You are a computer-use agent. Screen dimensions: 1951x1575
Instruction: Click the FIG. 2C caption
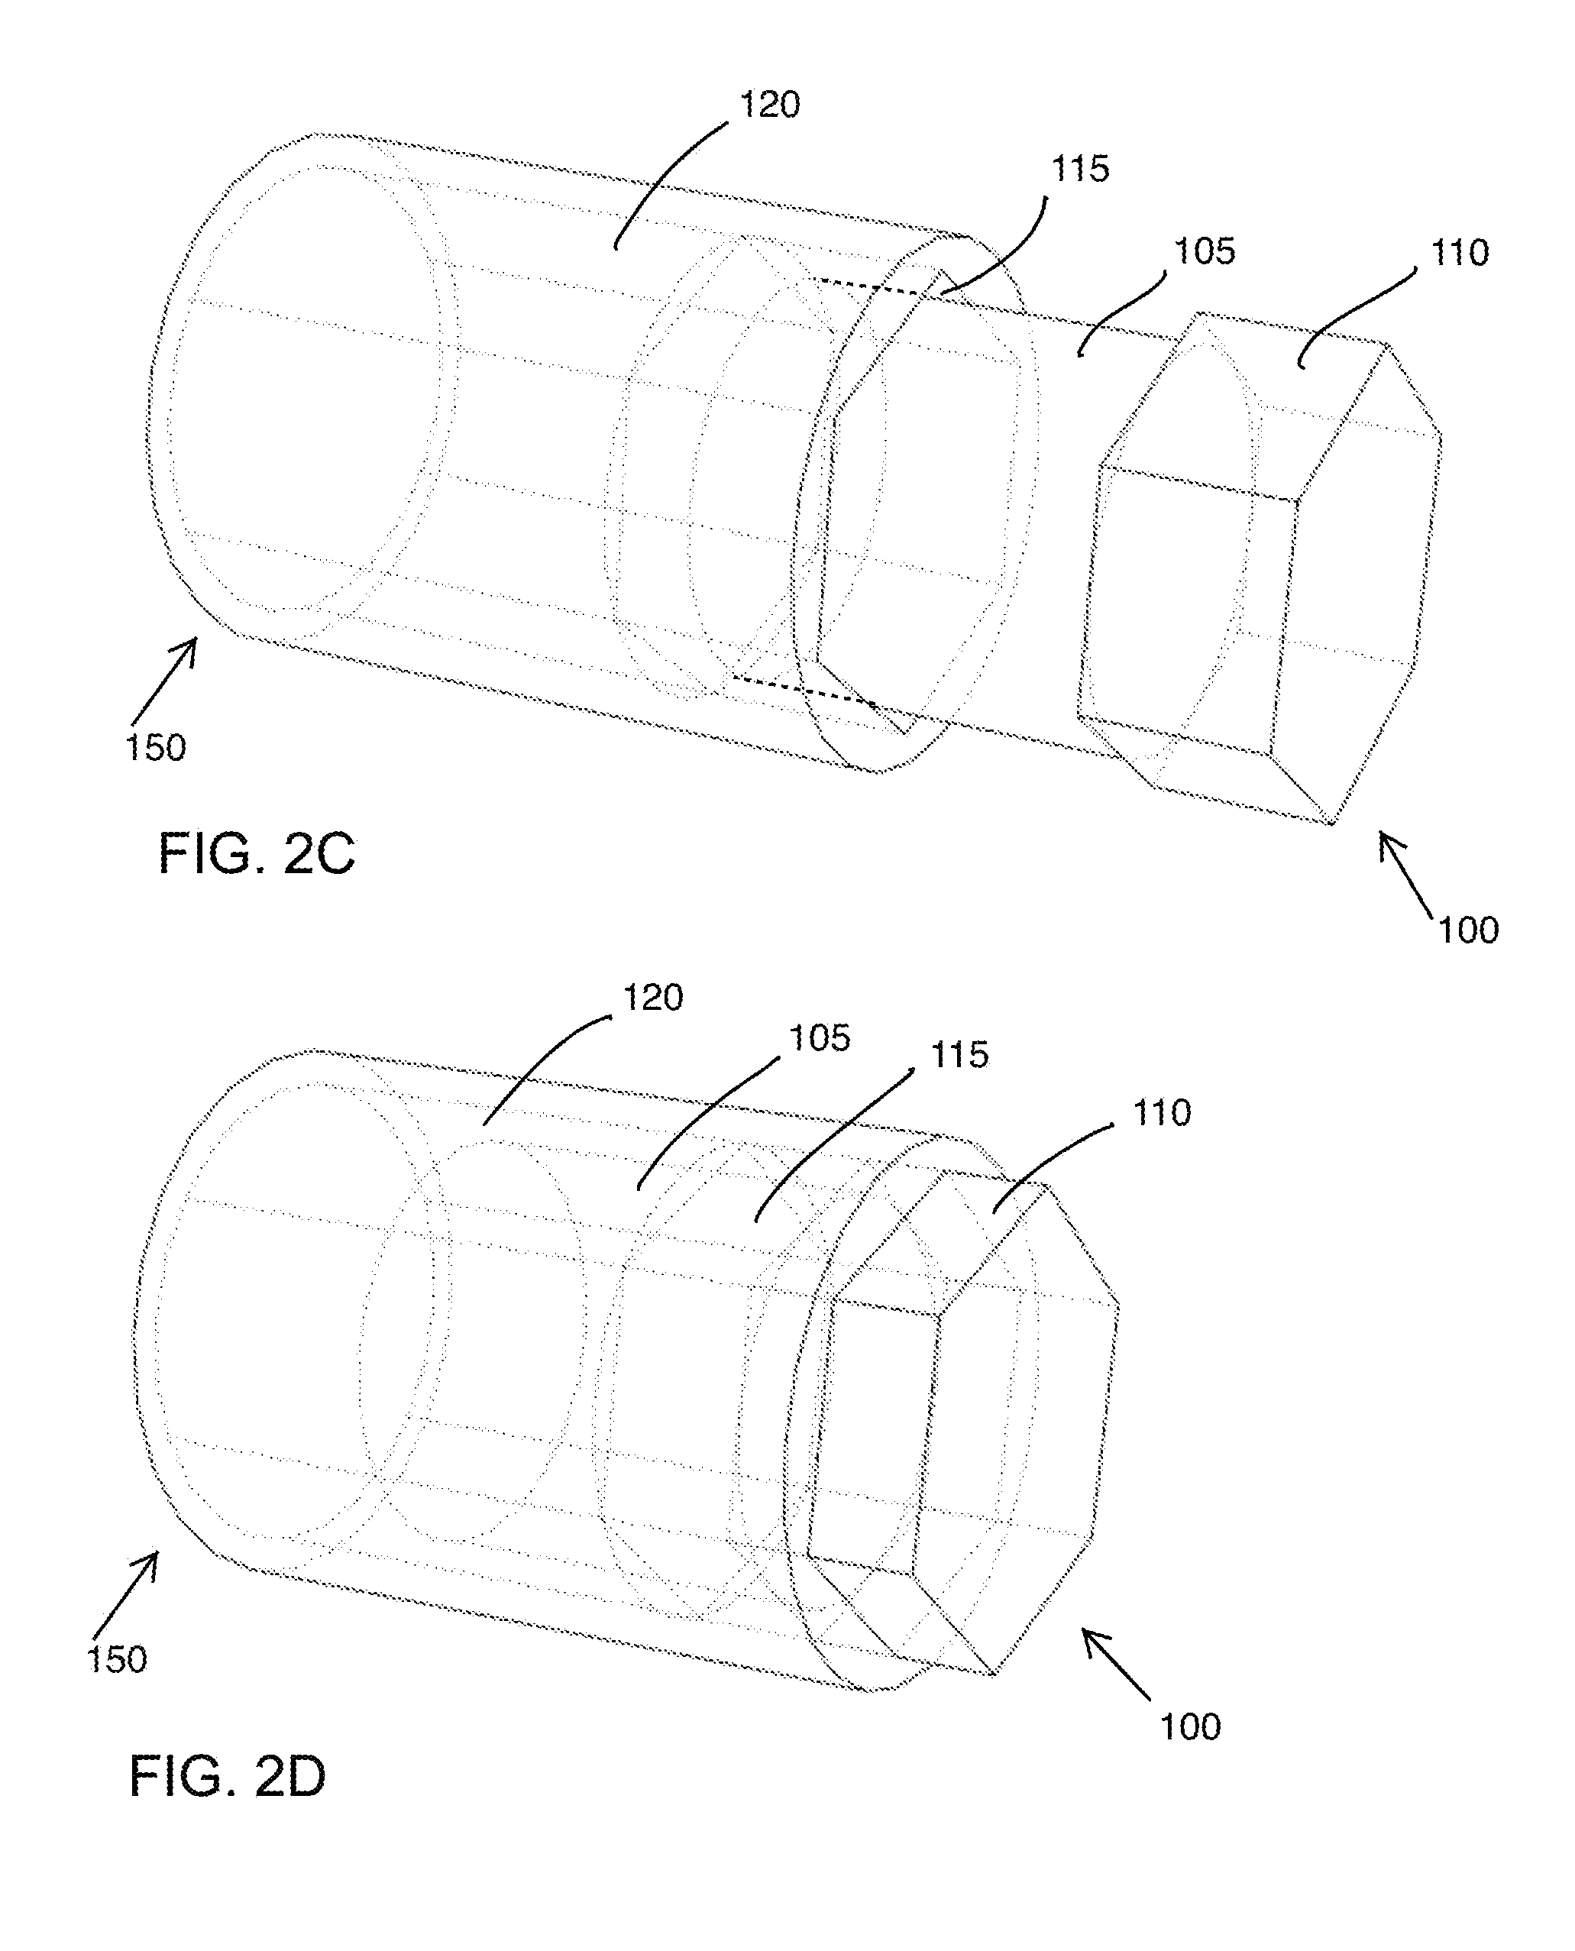pos(257,854)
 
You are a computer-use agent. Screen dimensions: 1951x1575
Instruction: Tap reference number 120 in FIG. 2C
pos(769,105)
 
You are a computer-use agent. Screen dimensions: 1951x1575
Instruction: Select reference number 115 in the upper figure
pos(1079,169)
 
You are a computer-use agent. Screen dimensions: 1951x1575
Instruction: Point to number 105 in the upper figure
pos(1204,251)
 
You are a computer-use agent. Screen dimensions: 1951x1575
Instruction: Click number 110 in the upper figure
pos(1459,252)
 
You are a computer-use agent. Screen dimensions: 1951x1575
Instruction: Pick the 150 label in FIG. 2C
pos(155,748)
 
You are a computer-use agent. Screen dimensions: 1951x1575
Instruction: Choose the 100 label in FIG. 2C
pos(1468,930)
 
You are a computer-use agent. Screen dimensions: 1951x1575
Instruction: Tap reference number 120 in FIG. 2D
pos(652,998)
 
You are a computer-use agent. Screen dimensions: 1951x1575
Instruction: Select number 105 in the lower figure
pos(820,1038)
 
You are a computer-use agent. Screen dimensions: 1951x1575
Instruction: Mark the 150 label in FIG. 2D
pos(116,1660)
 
